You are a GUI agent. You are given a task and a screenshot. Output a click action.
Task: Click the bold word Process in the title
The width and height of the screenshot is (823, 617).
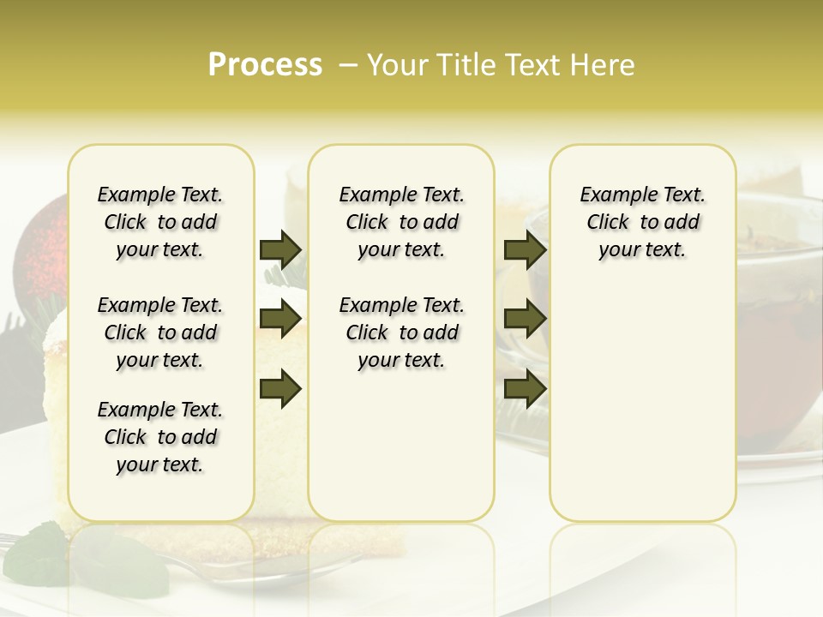pos(265,65)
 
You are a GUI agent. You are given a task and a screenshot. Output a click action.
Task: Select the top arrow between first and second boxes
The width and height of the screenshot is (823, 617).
pos(280,249)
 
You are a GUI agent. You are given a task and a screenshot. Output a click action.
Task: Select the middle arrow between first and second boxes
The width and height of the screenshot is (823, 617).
pos(280,319)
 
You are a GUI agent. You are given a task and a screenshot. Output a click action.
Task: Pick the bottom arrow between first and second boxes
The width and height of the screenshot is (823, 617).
pos(280,389)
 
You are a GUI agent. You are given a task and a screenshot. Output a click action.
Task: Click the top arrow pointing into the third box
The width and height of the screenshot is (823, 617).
pos(525,249)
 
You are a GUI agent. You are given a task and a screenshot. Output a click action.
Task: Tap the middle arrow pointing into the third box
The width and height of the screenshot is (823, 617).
pos(525,319)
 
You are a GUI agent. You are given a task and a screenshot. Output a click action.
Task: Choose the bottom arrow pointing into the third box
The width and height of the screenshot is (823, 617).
pos(525,389)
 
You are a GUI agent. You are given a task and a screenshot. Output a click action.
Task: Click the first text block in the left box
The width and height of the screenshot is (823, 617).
pos(160,222)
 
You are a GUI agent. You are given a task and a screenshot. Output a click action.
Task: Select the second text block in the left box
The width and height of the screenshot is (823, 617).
pos(160,332)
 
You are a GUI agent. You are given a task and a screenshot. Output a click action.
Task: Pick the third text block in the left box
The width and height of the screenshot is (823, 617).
pos(160,437)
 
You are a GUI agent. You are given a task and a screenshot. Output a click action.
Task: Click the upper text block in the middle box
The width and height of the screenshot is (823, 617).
pos(401,222)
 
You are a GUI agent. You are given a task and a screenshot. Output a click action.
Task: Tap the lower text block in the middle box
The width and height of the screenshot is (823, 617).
pos(401,332)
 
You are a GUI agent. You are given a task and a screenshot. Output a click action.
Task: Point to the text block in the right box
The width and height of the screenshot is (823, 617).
pos(642,222)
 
